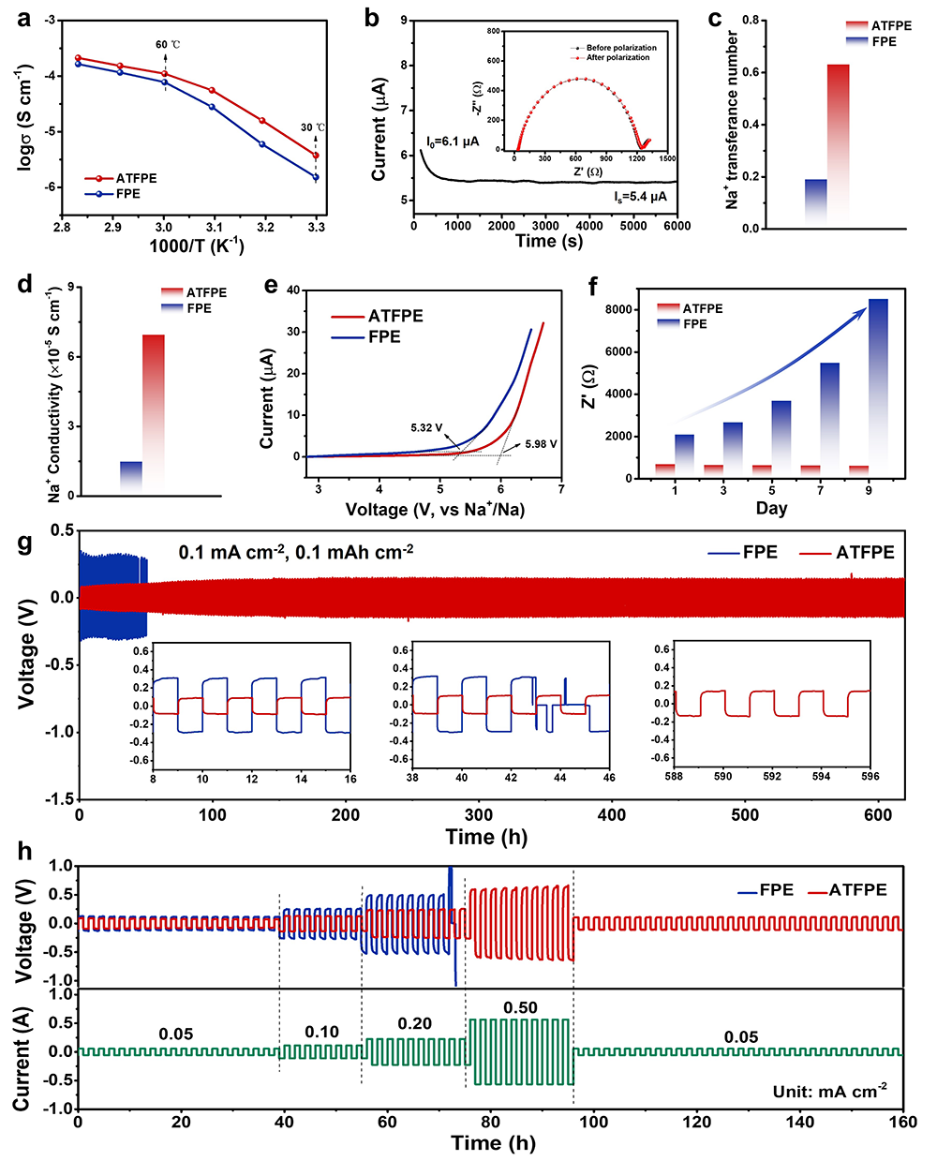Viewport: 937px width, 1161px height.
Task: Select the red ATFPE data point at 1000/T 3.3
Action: [316, 156]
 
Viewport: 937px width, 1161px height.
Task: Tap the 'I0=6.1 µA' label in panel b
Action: [453, 142]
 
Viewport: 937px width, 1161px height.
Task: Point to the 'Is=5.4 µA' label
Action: [640, 197]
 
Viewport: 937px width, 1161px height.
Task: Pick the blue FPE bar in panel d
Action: [131, 476]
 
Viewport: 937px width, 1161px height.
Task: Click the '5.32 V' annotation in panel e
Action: [426, 428]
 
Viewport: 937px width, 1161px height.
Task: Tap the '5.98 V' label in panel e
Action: [541, 444]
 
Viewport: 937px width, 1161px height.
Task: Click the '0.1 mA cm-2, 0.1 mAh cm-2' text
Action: [296, 553]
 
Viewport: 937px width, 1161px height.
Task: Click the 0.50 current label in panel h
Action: [520, 1008]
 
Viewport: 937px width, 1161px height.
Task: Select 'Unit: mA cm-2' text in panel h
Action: [830, 1091]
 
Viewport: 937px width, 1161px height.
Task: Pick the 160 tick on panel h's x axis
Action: [902, 1122]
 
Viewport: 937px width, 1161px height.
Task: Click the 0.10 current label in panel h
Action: [321, 1032]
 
